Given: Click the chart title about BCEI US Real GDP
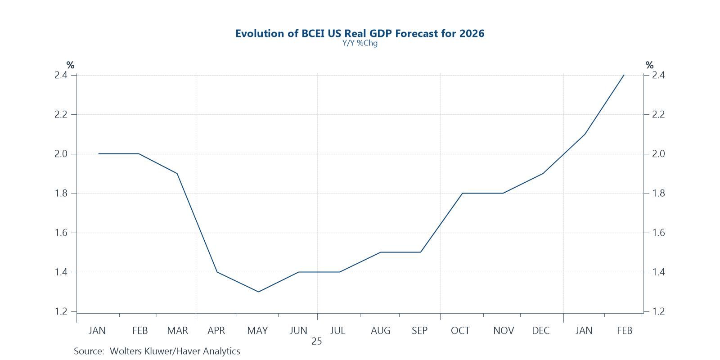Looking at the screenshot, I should click(x=360, y=33).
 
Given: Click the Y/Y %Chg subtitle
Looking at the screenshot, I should click(x=360, y=44).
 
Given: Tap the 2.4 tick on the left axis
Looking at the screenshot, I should click(x=61, y=75).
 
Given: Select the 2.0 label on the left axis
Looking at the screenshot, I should click(x=61, y=154).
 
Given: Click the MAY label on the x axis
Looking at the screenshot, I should click(x=257, y=331).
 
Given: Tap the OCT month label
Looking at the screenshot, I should click(x=460, y=331).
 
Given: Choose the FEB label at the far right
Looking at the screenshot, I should click(x=624, y=331).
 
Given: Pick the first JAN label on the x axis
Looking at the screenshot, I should click(x=97, y=331).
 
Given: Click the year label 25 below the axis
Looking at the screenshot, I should click(x=316, y=342).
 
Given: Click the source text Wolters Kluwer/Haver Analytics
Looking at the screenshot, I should click(x=157, y=351).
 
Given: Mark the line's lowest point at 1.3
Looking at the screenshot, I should click(x=258, y=292).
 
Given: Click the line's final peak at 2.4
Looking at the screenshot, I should click(x=624, y=75).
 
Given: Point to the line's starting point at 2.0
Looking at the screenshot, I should click(x=99, y=154).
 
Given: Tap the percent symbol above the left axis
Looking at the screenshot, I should click(x=70, y=65).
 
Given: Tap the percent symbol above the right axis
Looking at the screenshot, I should click(x=649, y=65).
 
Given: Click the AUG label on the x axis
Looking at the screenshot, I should click(x=380, y=331).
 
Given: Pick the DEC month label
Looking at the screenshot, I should click(x=540, y=331).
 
